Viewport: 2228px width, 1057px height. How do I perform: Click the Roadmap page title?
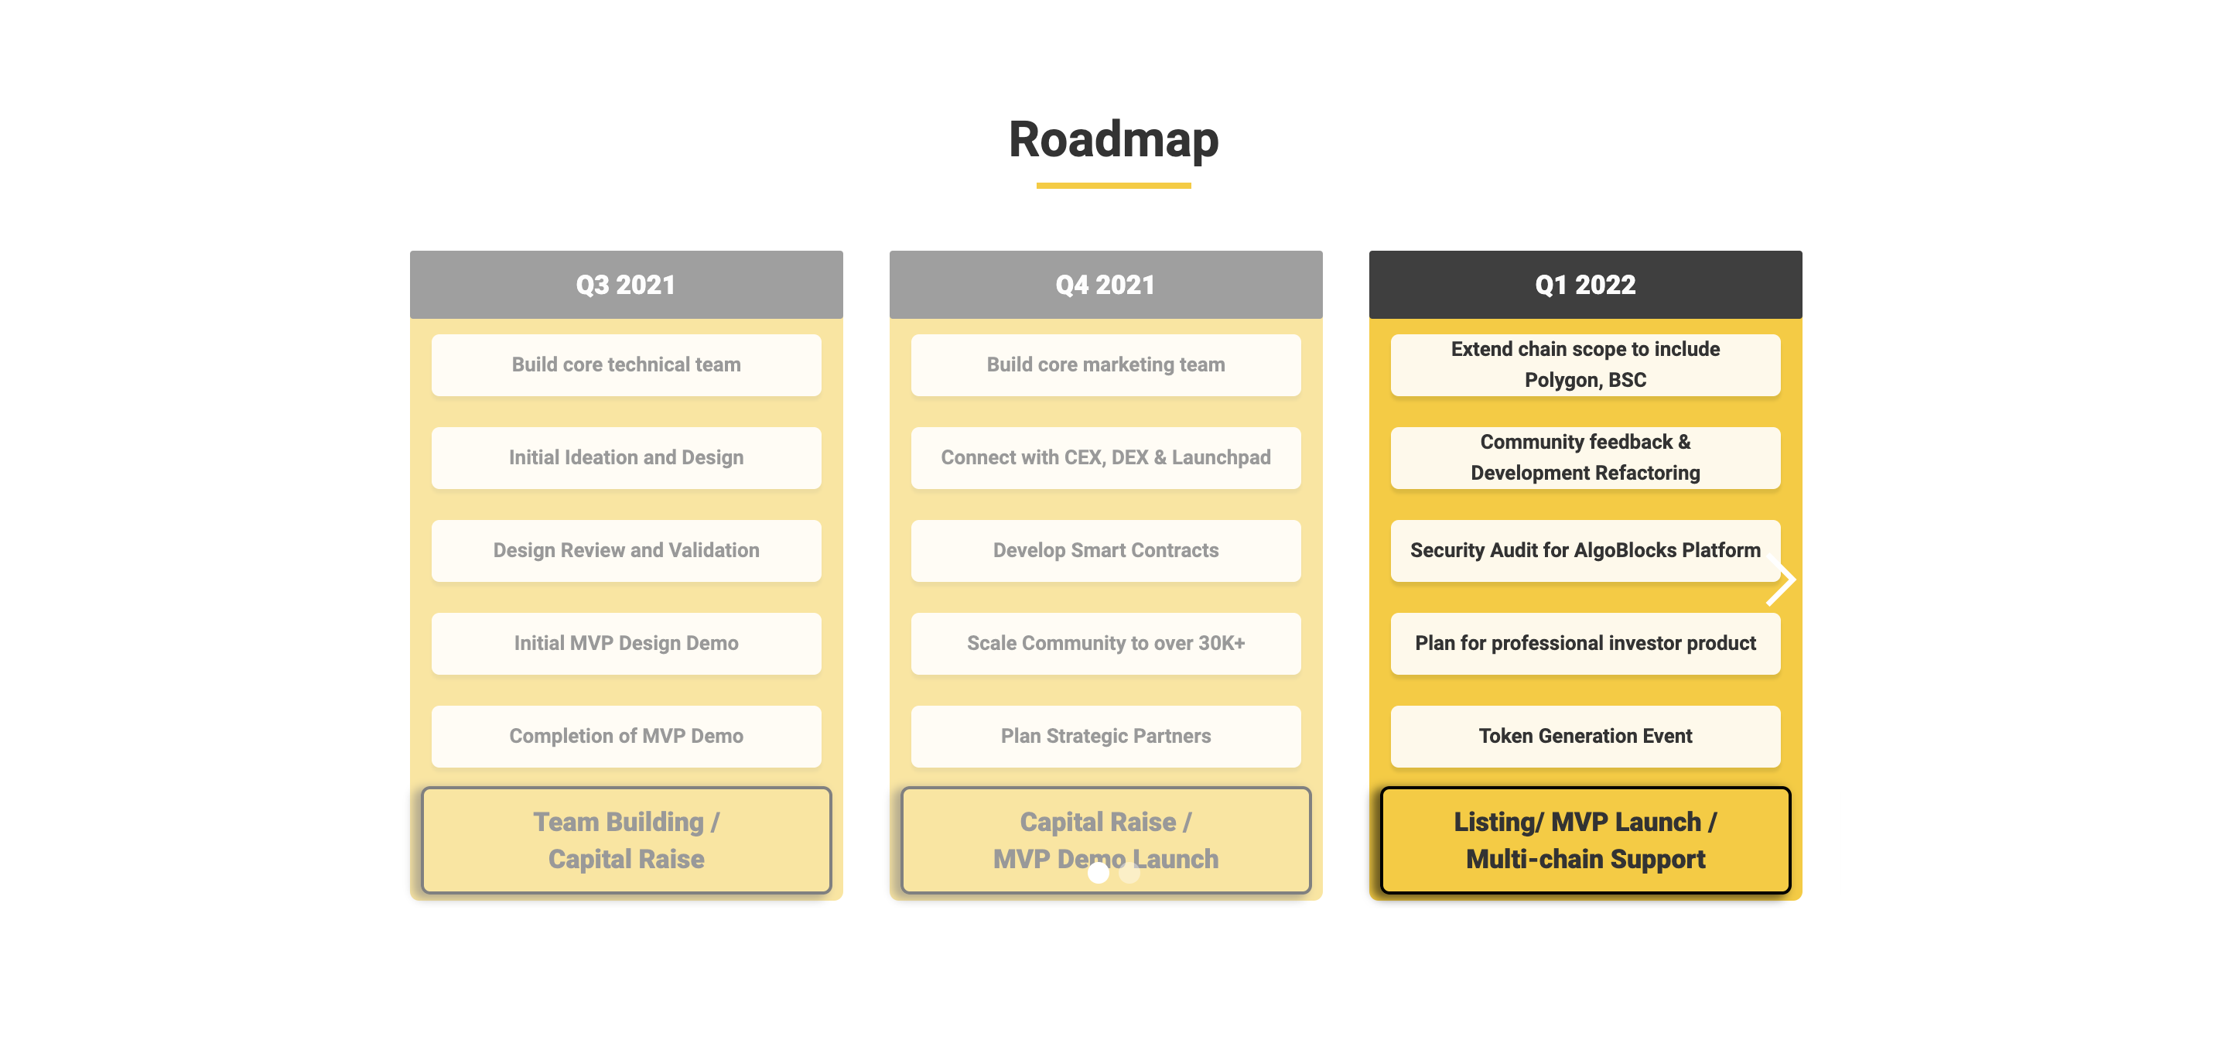pyautogui.click(x=1113, y=139)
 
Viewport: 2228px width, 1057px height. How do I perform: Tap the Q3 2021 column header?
pyautogui.click(x=626, y=285)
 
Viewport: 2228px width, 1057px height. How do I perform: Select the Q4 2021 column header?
pyautogui.click(x=1105, y=285)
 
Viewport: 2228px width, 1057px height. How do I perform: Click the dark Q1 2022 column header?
pyautogui.click(x=1584, y=285)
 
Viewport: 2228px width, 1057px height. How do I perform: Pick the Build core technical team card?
pyautogui.click(x=626, y=365)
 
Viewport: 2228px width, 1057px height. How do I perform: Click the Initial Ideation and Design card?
pyautogui.click(x=626, y=457)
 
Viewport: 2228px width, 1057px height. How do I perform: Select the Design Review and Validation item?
pyautogui.click(x=626, y=550)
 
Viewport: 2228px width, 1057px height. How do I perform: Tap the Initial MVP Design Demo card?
pyautogui.click(x=626, y=644)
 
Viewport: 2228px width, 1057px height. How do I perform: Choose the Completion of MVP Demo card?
pyautogui.click(x=626, y=736)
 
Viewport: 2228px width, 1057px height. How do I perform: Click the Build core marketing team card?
pyautogui.click(x=1105, y=365)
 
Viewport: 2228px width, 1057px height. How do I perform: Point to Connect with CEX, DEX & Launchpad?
pyautogui.click(x=1105, y=457)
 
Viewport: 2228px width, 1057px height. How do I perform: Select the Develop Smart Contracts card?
pyautogui.click(x=1105, y=550)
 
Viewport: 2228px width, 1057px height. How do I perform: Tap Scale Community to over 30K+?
pyautogui.click(x=1105, y=644)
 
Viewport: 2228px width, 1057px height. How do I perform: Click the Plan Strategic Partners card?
pyautogui.click(x=1105, y=736)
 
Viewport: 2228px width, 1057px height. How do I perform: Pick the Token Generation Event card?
pyautogui.click(x=1584, y=736)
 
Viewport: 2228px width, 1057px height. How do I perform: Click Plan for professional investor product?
pyautogui.click(x=1584, y=644)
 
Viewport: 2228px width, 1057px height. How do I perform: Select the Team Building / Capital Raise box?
pyautogui.click(x=626, y=840)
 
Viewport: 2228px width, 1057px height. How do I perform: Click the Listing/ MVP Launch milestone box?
pyautogui.click(x=1584, y=840)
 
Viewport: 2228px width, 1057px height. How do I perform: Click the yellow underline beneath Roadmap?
pyautogui.click(x=1113, y=185)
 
